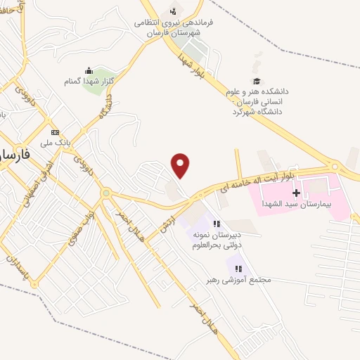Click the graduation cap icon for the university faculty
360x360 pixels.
(257, 81)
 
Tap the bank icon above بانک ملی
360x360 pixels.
(56, 132)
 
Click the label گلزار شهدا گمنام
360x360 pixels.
(89, 82)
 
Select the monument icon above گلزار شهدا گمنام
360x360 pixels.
(89, 70)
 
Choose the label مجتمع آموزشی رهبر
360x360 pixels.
(239, 279)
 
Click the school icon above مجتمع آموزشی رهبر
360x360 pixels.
(239, 268)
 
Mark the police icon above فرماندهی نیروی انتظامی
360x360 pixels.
(173, 11)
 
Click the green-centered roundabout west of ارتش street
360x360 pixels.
(106, 193)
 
